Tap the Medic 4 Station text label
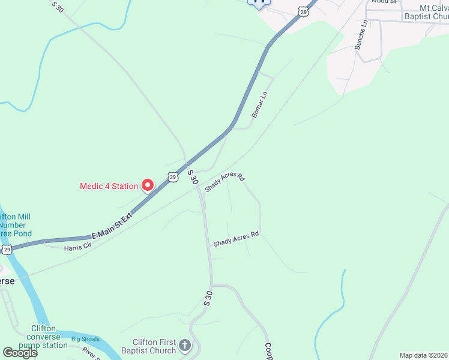[109, 186]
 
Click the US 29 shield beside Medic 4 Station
[173, 177]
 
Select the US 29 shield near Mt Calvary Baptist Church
[304, 11]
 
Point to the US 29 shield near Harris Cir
[6, 248]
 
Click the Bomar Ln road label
[259, 104]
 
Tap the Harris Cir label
[79, 246]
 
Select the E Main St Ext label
[111, 227]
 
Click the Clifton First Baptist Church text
[148, 346]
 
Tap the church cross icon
[185, 346]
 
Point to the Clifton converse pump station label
[43, 337]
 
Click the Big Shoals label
[85, 339]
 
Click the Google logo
[20, 352]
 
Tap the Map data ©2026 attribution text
[423, 355]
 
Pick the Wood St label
[384, 2]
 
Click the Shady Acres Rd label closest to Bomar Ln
[225, 182]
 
